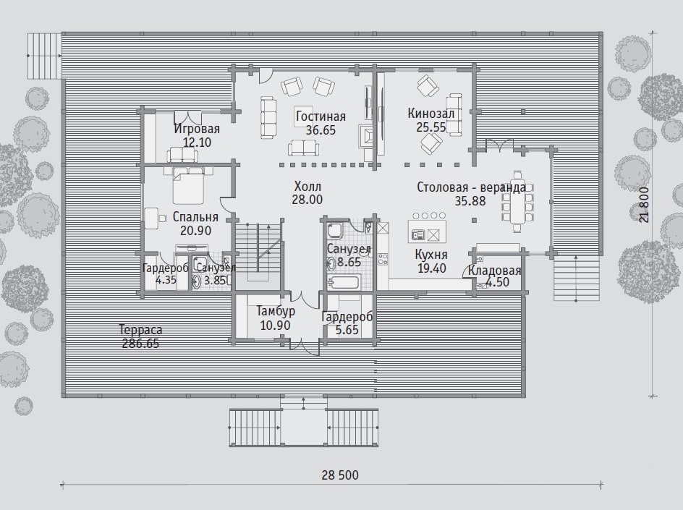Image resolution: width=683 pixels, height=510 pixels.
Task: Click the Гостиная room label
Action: [x=321, y=116]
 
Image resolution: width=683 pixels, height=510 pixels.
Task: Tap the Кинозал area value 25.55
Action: [x=430, y=127]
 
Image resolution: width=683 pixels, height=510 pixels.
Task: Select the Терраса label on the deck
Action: [x=140, y=330]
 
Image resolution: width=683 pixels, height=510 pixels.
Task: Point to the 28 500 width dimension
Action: [x=340, y=475]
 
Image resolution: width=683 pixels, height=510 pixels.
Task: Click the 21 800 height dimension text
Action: [x=644, y=205]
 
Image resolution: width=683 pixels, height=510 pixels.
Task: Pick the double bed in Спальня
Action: [x=188, y=186]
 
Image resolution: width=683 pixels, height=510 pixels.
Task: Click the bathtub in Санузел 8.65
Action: [x=344, y=283]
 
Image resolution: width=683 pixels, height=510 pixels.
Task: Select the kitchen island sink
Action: [x=417, y=235]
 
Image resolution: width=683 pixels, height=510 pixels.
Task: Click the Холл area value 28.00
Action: [x=307, y=200]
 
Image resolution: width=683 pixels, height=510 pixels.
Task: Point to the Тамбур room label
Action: [x=275, y=311]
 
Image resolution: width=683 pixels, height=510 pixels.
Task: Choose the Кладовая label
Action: [x=494, y=271]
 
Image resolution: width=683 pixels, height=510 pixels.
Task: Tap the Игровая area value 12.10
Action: [x=197, y=143]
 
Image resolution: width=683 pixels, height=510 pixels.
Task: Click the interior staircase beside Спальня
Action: [x=259, y=251]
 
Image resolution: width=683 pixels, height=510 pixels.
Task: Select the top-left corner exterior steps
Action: [x=44, y=56]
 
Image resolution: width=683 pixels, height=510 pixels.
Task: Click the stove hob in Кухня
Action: [x=383, y=260]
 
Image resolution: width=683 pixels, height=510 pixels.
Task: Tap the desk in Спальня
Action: [x=151, y=218]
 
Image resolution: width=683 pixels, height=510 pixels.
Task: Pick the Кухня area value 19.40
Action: [x=432, y=268]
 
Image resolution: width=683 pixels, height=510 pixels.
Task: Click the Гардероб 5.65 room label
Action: [x=347, y=317]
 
